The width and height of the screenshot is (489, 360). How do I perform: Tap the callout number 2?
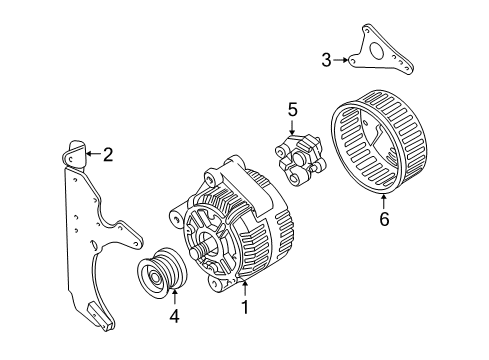(x=108, y=154)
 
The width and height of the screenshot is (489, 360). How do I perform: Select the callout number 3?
(x=326, y=60)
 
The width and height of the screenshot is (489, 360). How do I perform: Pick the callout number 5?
(x=293, y=108)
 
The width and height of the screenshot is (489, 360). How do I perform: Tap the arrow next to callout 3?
(x=343, y=60)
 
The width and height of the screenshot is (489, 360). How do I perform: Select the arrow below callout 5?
(x=293, y=128)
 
